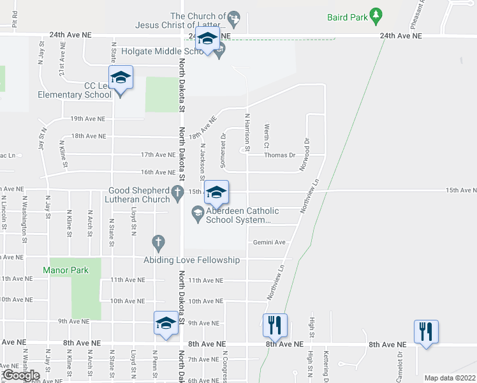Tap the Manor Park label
pyautogui.click(x=66, y=270)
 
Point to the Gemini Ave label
pyautogui.click(x=269, y=243)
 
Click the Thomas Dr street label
pyautogui.click(x=280, y=155)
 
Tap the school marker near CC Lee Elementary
pyautogui.click(x=121, y=79)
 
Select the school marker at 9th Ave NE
pyautogui.click(x=166, y=324)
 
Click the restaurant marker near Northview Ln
pyautogui.click(x=275, y=326)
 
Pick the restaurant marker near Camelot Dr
pyautogui.click(x=426, y=332)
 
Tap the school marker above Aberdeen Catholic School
pyautogui.click(x=216, y=193)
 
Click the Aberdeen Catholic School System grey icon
pyautogui.click(x=198, y=213)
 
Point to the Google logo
pyautogui.click(x=21, y=375)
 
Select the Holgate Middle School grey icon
pyautogui.click(x=220, y=51)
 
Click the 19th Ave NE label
pyautogui.click(x=87, y=119)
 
